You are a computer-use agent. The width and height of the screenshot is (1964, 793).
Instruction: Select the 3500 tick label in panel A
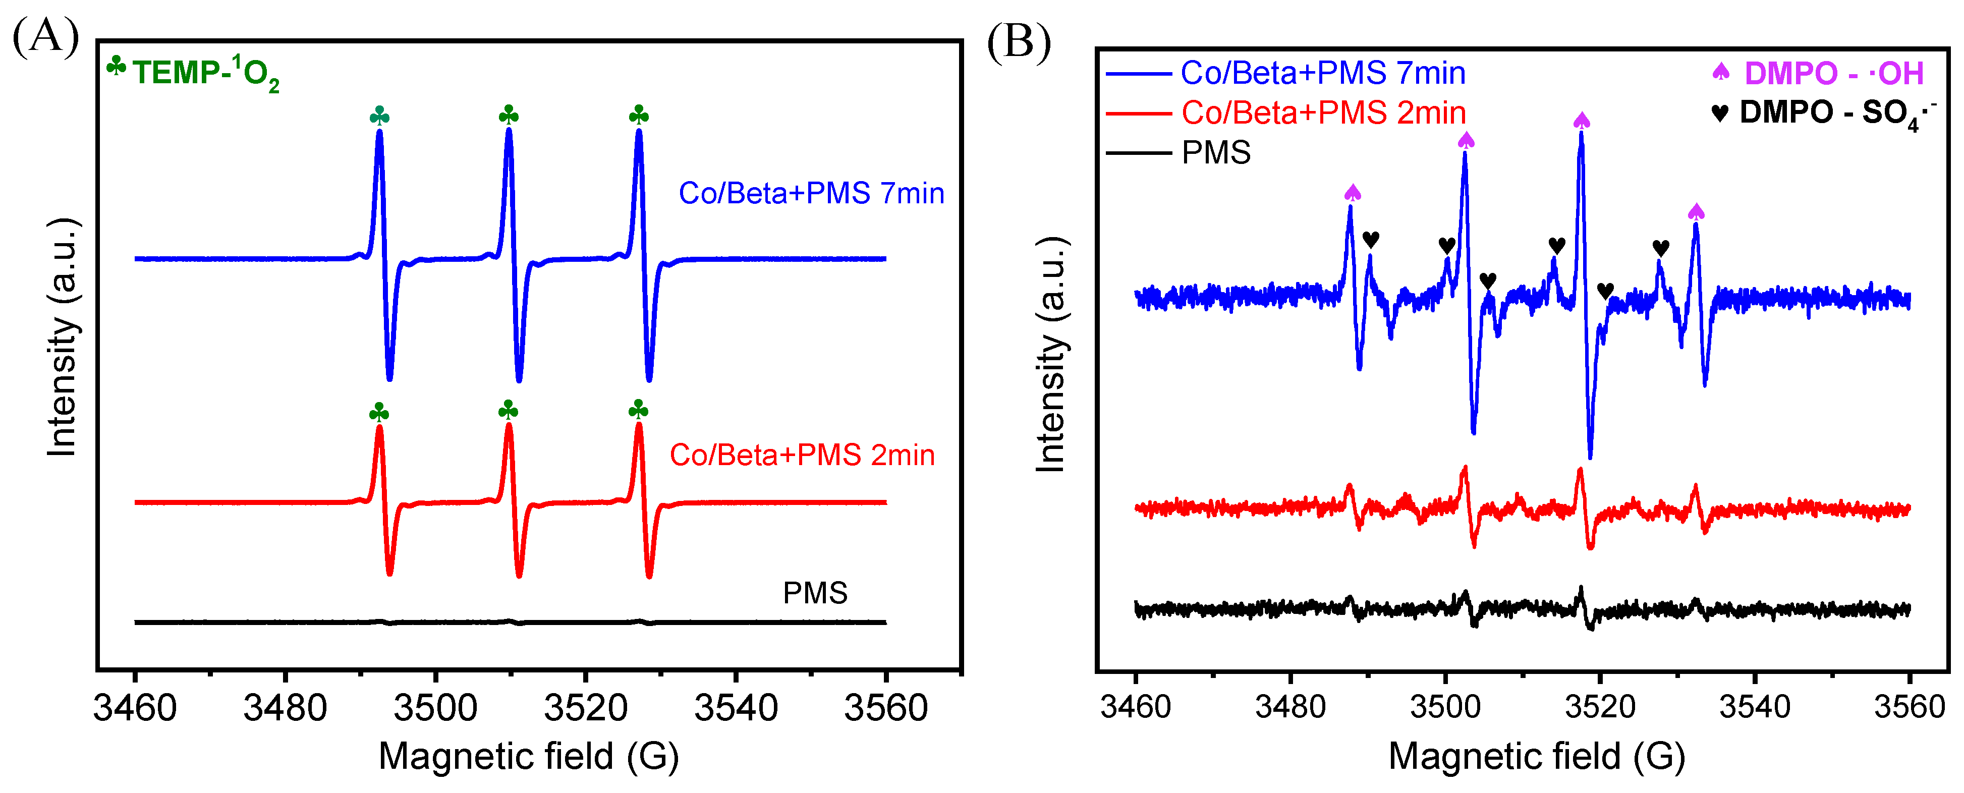coord(435,708)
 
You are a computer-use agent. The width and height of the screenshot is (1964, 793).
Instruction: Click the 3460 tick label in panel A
coord(135,708)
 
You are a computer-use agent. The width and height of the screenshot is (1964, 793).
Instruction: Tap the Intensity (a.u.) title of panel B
coord(1051,355)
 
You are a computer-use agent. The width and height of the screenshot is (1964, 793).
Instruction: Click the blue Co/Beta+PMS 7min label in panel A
coord(811,194)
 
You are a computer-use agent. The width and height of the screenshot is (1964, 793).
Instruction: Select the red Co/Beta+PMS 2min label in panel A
coord(802,455)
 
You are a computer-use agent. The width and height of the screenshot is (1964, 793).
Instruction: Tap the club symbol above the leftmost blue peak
coord(379,117)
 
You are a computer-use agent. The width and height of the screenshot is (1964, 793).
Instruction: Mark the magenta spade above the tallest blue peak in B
coord(1581,121)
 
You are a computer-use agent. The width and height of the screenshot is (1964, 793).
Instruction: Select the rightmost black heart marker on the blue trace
coord(1661,248)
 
